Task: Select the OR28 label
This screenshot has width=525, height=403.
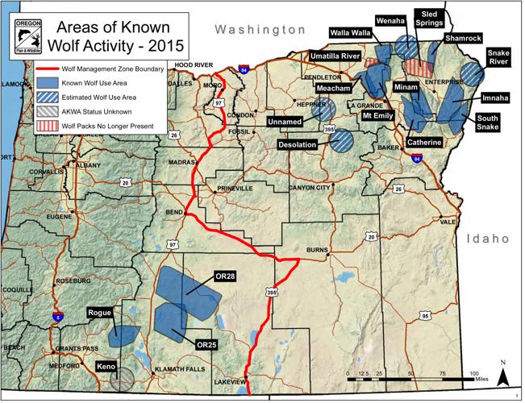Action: tap(225, 276)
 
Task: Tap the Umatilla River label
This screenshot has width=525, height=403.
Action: tap(335, 56)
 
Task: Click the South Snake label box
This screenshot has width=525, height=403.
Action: tap(488, 123)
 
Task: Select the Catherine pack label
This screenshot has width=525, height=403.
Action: tap(423, 143)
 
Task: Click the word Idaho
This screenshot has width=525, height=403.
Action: tap(488, 239)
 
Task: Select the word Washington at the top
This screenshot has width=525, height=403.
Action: tap(260, 29)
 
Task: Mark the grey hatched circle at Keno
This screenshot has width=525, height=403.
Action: tap(123, 379)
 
